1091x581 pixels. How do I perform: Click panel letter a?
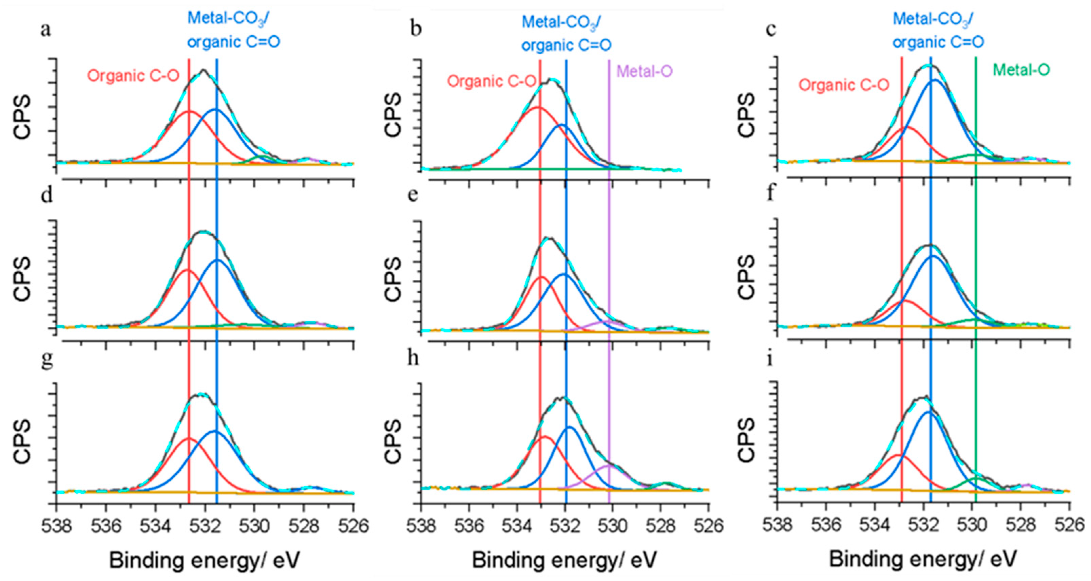click(46, 31)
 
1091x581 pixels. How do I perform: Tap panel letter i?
click(770, 359)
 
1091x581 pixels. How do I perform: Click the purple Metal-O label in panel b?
click(644, 71)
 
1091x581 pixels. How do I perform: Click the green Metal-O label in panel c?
click(1021, 70)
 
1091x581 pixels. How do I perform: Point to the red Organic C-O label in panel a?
click(133, 76)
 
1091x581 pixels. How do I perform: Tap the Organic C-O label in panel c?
click(844, 85)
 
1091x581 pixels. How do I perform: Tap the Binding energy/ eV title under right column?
click(922, 559)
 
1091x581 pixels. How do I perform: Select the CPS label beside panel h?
click(394, 441)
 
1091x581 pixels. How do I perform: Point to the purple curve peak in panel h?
click(607, 465)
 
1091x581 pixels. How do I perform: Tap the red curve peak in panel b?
click(537, 107)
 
